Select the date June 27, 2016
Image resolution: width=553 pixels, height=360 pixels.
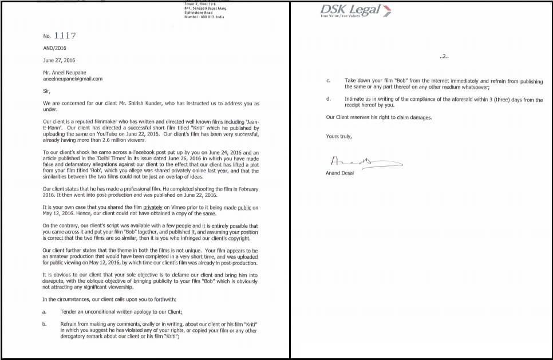(59, 60)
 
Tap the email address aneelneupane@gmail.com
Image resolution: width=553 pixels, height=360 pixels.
(73, 79)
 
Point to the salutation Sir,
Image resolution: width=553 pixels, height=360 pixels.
(47, 91)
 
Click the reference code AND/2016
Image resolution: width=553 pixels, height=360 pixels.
(55, 48)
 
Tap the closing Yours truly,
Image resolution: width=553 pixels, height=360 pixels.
(339, 136)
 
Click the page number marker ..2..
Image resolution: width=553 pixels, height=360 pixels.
(444, 57)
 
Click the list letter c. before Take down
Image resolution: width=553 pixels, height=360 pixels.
(328, 81)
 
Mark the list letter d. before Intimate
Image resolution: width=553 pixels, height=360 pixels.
(328, 100)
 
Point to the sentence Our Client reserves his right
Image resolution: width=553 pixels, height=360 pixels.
(379, 117)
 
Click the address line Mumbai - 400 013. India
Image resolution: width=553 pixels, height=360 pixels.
(204, 17)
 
